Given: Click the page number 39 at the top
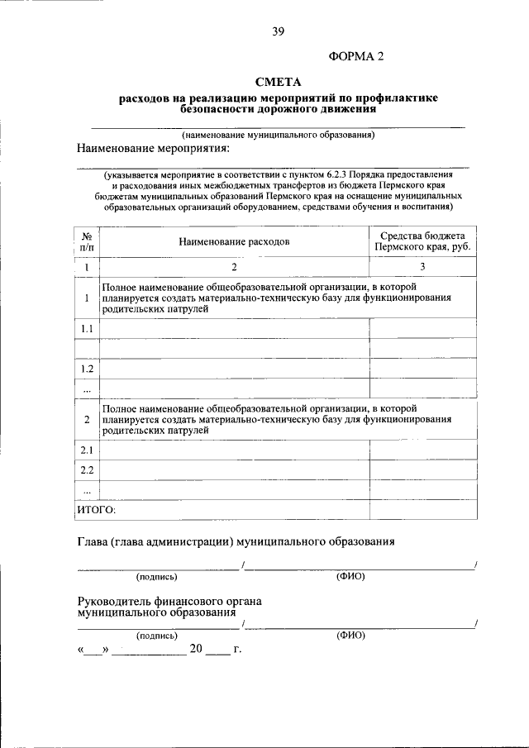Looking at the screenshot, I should pyautogui.click(x=278, y=32).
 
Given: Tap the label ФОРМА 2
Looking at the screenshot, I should pyautogui.click(x=357, y=56).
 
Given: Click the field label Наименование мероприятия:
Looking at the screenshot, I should pyautogui.click(x=151, y=148).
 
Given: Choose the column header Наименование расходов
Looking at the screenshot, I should pyautogui.click(x=234, y=242).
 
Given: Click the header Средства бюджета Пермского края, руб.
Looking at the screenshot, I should pyautogui.click(x=422, y=241).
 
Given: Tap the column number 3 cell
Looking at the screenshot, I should pyautogui.click(x=422, y=267).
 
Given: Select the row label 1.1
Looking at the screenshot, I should pyautogui.click(x=86, y=329).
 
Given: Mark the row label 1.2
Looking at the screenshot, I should pyautogui.click(x=86, y=369).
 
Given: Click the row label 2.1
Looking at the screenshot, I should pyautogui.click(x=86, y=450).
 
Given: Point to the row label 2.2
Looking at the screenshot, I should pyautogui.click(x=86, y=470).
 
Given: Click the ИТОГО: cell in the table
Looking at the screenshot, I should pyautogui.click(x=97, y=510).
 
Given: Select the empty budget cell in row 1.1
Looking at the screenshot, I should pyautogui.click(x=422, y=329).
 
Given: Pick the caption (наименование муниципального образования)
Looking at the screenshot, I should pyautogui.click(x=279, y=134).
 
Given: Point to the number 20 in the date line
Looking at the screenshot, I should pyautogui.click(x=196, y=649).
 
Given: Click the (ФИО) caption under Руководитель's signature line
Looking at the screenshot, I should pyautogui.click(x=350, y=636).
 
